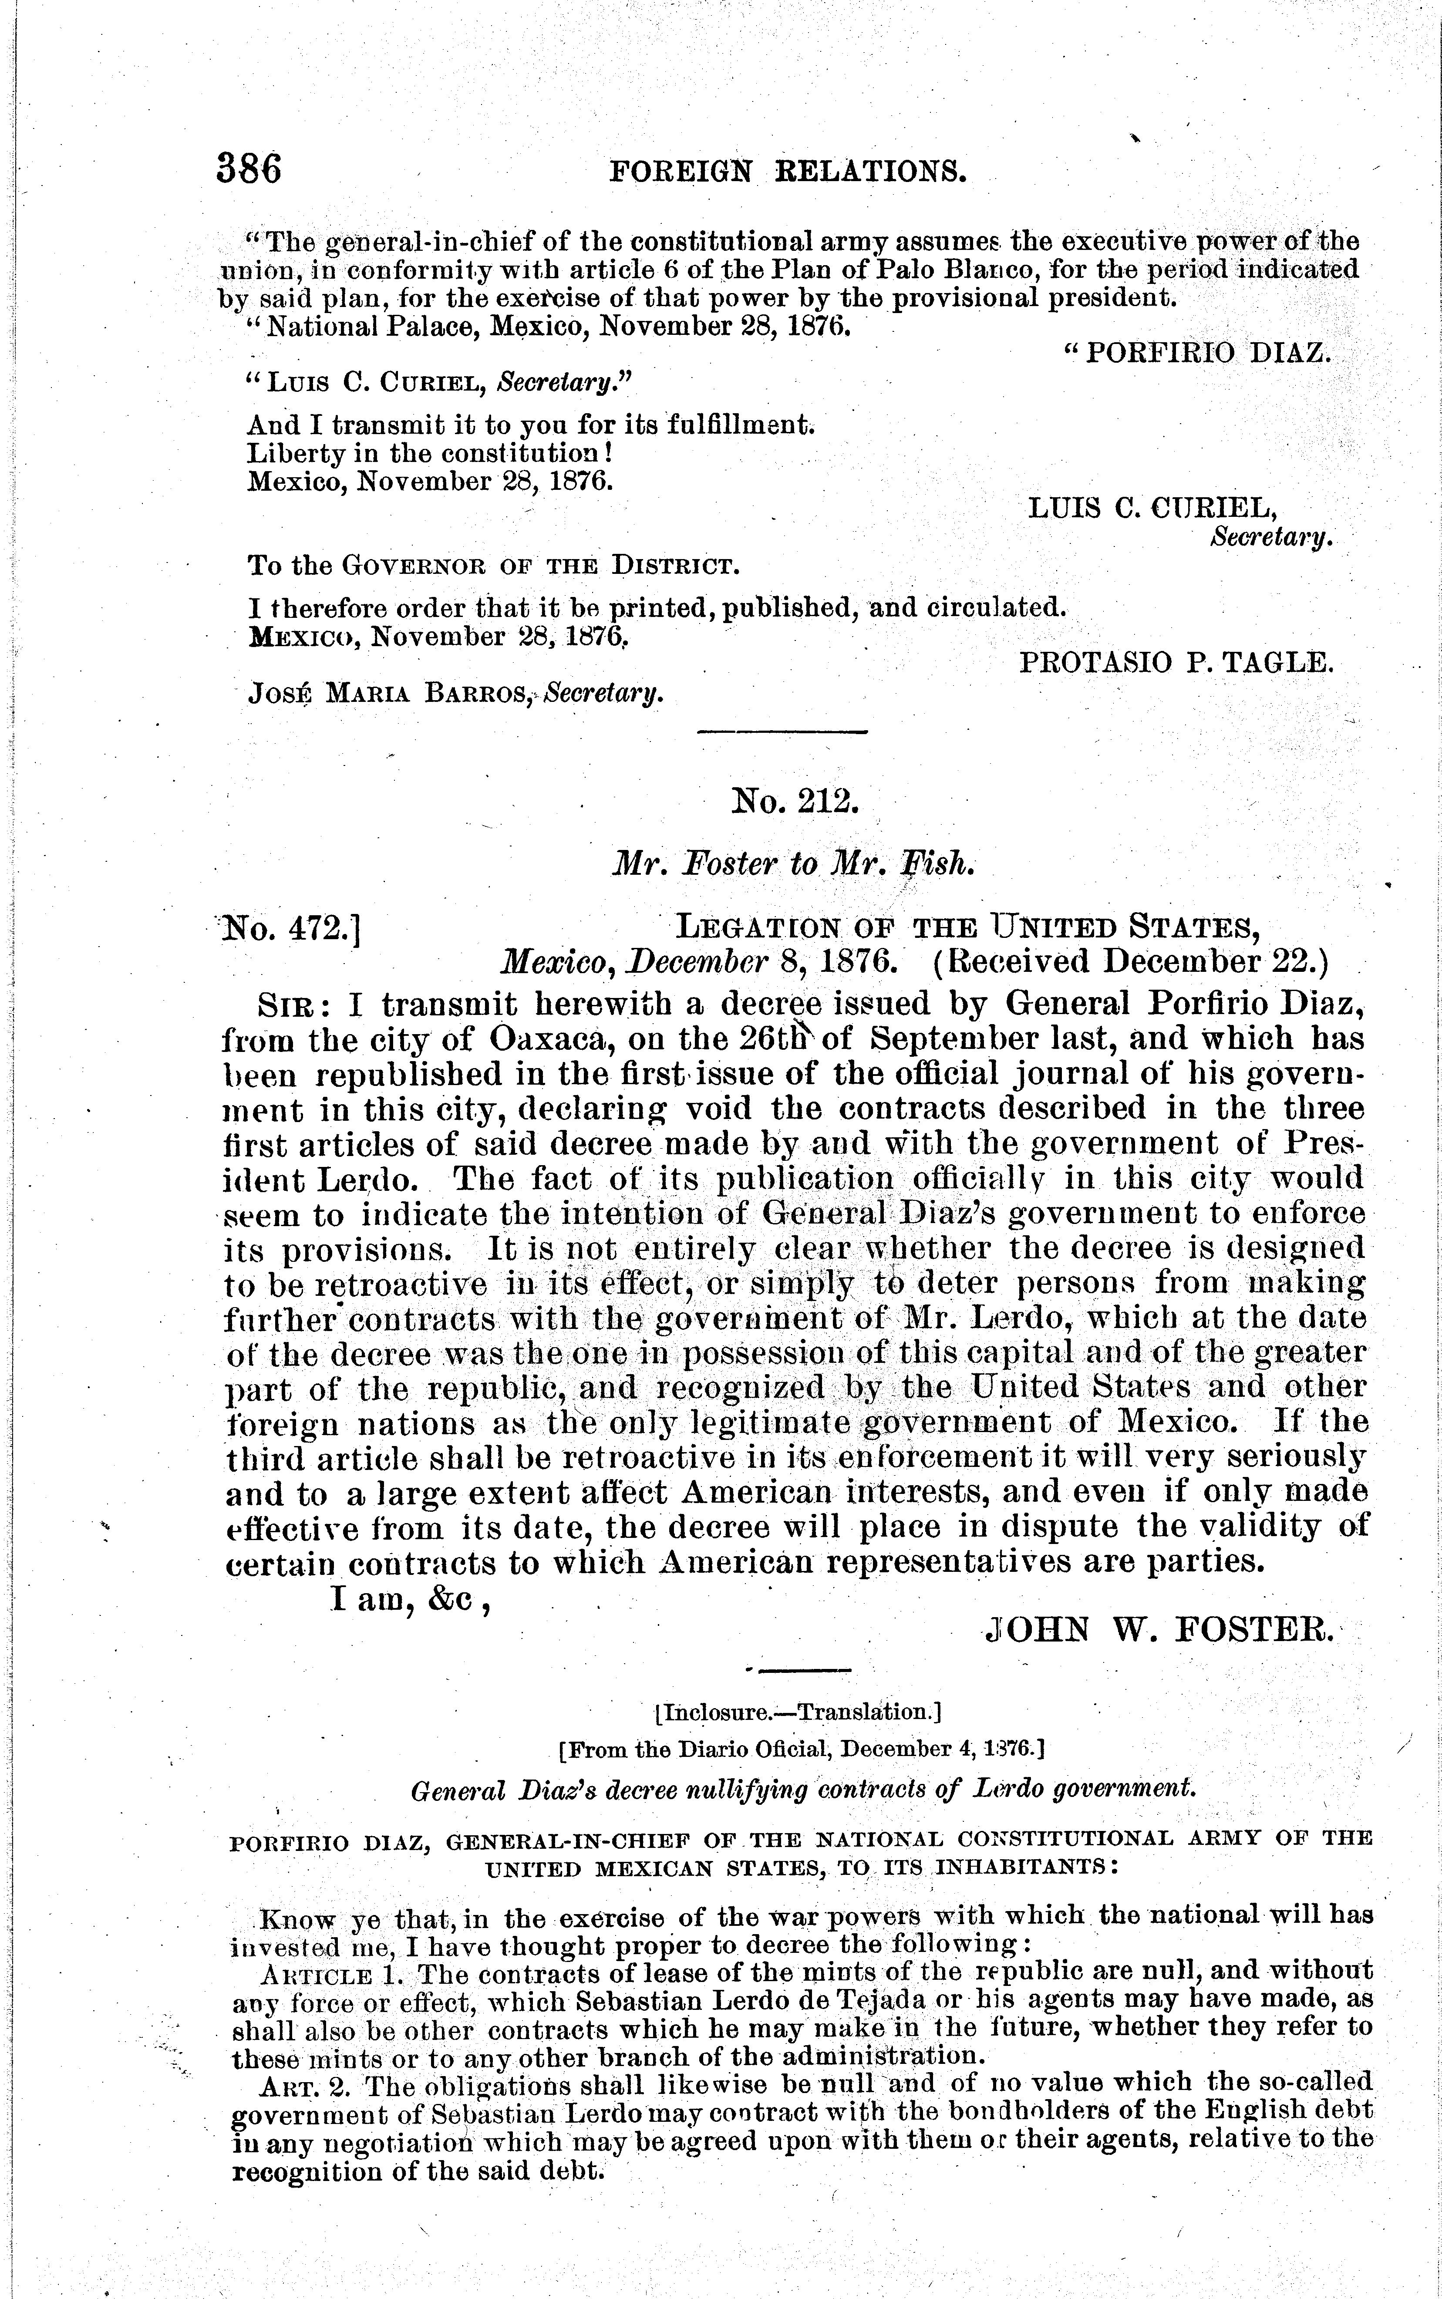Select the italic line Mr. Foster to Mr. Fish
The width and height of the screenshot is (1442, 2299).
click(793, 863)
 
